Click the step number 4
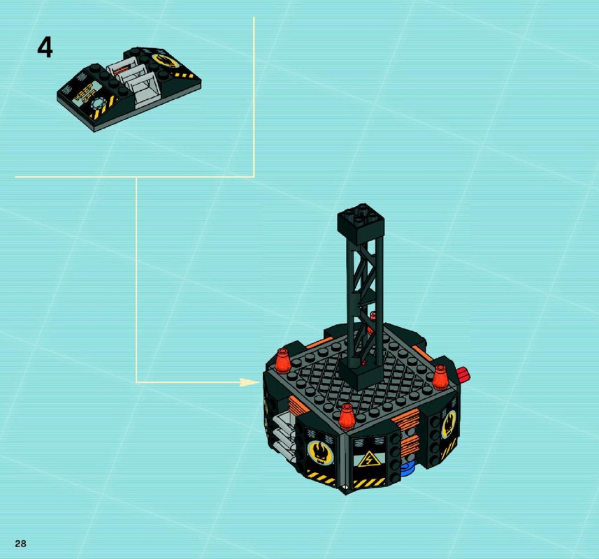point(45,48)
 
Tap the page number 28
point(21,544)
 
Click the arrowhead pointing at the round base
point(250,382)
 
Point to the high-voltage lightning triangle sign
point(369,458)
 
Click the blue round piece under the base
point(409,468)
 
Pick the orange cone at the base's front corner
point(347,416)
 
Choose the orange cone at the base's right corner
point(440,377)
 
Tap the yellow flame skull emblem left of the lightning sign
point(320,452)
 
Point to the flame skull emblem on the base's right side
point(449,424)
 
